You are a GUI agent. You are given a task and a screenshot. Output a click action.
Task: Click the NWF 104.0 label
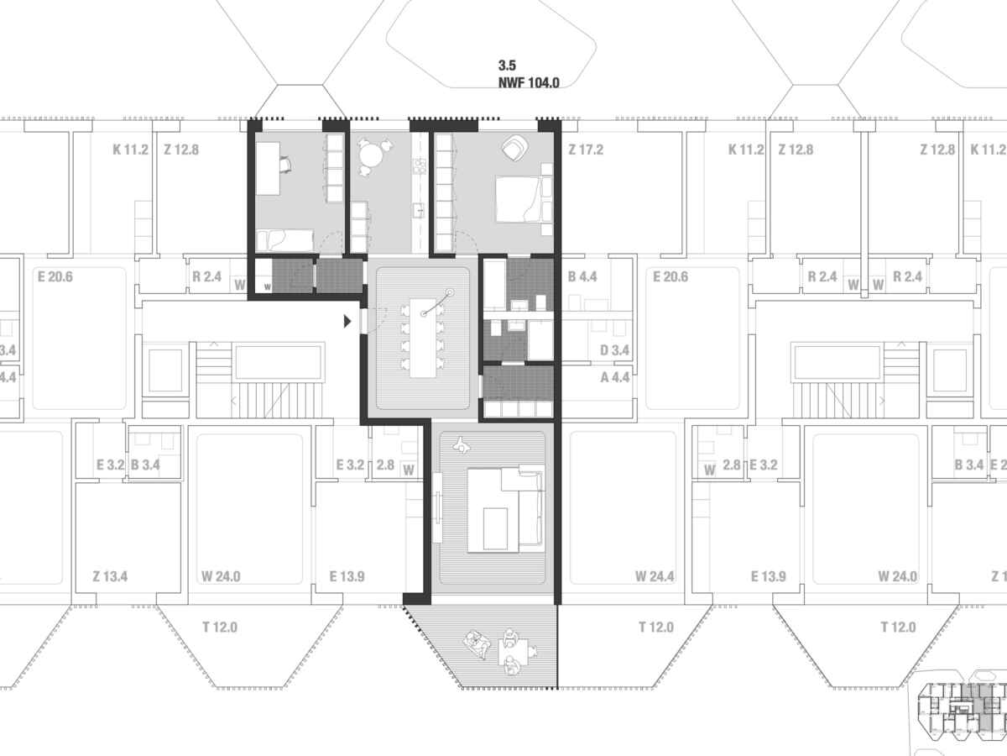click(529, 82)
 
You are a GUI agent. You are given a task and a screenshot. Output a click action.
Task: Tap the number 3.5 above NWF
click(507, 66)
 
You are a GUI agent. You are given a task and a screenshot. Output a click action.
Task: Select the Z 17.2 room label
click(586, 150)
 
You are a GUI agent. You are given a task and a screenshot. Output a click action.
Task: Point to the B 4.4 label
click(582, 276)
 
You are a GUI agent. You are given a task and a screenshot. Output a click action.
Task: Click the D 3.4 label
click(615, 350)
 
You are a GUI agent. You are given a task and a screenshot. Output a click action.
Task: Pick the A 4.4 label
click(615, 377)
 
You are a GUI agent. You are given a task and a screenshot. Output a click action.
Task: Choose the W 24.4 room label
click(655, 576)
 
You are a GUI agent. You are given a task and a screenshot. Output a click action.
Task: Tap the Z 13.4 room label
click(110, 576)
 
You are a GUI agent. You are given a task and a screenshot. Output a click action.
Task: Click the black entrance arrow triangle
click(347, 322)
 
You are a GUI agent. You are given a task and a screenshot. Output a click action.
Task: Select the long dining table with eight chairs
click(423, 338)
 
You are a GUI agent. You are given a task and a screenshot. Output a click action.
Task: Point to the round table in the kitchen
click(371, 155)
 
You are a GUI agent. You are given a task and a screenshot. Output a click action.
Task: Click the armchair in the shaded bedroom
click(514, 147)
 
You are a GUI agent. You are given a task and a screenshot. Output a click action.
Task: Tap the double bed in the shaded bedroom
click(519, 200)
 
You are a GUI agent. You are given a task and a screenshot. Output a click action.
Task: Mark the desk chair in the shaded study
click(285, 165)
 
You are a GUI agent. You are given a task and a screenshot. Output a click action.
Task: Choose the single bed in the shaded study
click(284, 240)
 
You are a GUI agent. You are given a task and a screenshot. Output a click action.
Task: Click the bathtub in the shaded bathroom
click(495, 285)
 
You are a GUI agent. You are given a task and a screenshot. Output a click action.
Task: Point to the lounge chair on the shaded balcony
click(477, 644)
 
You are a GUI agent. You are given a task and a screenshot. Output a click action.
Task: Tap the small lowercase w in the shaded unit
click(267, 287)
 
